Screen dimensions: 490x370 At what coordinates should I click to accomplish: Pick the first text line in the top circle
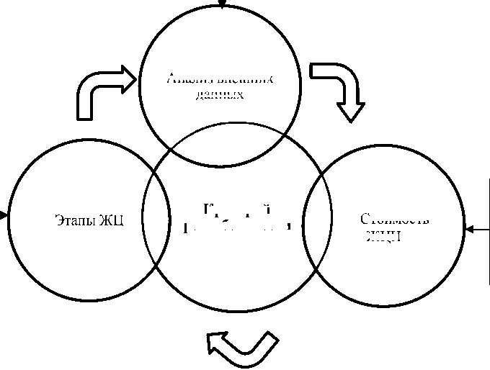(x=220, y=80)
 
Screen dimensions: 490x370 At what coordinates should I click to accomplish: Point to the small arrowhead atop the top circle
(x=223, y=4)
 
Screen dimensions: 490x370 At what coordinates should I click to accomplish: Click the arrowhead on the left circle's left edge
(x=5, y=215)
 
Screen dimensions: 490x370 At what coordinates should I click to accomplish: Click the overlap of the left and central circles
(x=157, y=217)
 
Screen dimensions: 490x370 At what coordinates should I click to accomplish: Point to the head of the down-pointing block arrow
(x=351, y=113)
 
